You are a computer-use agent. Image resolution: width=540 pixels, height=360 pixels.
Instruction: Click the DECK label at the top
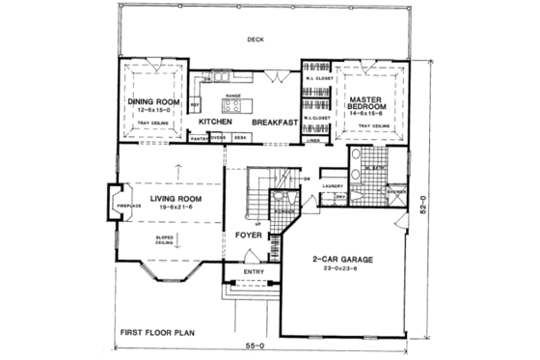pos(256,41)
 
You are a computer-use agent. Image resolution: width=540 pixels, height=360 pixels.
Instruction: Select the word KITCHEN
pos(218,123)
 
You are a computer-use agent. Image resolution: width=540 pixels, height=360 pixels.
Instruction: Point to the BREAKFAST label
pos(276,123)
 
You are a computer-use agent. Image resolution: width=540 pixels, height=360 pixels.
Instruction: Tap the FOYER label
pos(249,234)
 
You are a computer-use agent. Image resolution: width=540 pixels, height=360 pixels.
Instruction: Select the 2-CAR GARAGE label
pos(342,259)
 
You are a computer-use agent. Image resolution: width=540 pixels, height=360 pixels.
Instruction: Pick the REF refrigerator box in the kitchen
pos(196,104)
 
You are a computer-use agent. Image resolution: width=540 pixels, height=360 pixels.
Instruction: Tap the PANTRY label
pos(200,139)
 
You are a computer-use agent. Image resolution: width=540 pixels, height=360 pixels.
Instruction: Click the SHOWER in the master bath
pos(393,190)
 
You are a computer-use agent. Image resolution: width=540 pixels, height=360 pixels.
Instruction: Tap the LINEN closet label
pos(312,139)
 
